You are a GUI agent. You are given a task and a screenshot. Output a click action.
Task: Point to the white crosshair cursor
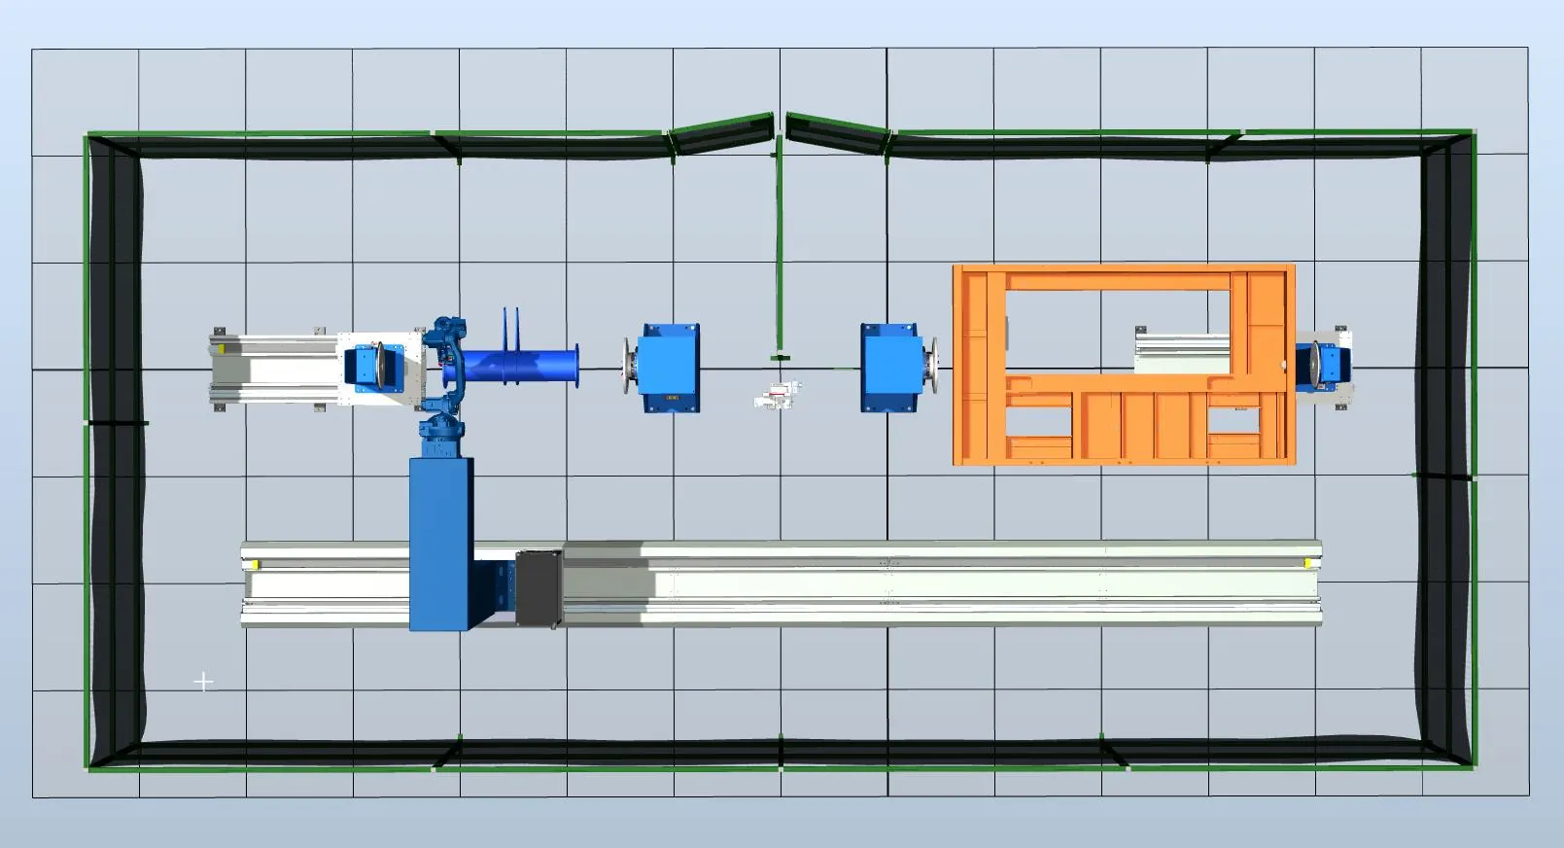pyautogui.click(x=203, y=682)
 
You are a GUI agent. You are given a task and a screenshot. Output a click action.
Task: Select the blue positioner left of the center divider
pyautogui.click(x=669, y=368)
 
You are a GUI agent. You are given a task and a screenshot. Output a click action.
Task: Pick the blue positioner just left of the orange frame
pyautogui.click(x=889, y=367)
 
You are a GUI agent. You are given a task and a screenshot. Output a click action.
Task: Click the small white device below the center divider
pyautogui.click(x=778, y=394)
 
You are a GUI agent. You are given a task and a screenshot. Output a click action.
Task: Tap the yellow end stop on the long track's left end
pyautogui.click(x=255, y=564)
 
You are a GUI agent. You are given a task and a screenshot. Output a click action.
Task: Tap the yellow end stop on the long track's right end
pyautogui.click(x=1308, y=562)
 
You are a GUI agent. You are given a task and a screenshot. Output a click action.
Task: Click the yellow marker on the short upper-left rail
pyautogui.click(x=223, y=346)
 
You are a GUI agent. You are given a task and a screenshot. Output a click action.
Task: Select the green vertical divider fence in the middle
pyautogui.click(x=779, y=253)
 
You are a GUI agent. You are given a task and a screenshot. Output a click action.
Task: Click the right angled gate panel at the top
pyautogui.click(x=836, y=132)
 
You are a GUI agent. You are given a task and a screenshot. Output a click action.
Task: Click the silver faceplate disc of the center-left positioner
pyautogui.click(x=629, y=368)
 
